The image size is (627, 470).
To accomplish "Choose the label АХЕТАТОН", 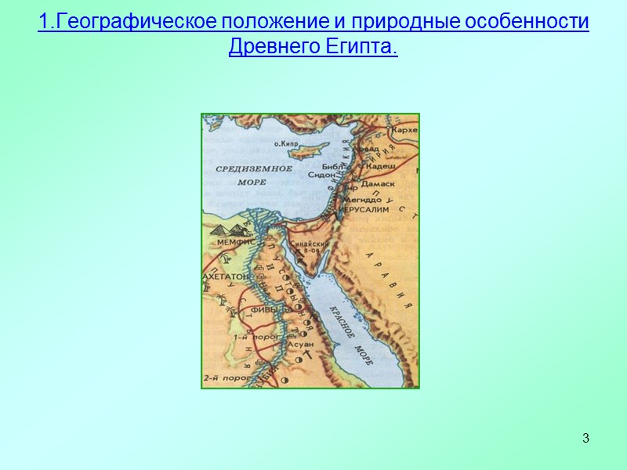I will [226, 277].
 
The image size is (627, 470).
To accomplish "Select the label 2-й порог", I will [220, 378].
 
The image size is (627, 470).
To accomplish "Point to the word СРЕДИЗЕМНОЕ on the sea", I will [253, 168].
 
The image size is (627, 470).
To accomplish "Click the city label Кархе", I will [404, 129].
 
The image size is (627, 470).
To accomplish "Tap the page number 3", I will [585, 437].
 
